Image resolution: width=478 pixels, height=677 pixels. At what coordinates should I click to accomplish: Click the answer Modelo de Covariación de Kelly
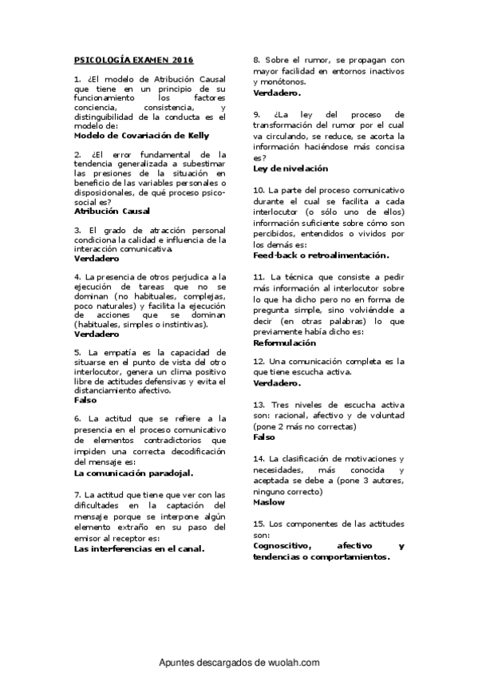coord(141,135)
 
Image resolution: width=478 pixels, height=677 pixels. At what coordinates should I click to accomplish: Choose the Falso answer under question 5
coord(85,400)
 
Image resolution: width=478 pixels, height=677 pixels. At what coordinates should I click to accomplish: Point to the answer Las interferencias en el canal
coord(139,548)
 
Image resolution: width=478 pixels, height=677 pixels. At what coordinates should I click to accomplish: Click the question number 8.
coord(256,60)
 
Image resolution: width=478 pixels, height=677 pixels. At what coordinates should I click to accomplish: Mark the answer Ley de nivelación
coord(290,168)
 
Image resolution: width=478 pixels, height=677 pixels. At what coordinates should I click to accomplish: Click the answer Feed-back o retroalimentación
coord(321,255)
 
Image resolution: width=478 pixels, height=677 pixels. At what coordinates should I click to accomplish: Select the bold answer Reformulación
coord(284,342)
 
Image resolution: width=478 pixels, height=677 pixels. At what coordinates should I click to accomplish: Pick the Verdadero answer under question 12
coord(277,383)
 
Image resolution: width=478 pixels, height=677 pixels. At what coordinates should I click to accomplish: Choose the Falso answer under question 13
coord(264,437)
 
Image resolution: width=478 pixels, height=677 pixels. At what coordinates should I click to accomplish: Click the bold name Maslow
coord(268,503)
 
